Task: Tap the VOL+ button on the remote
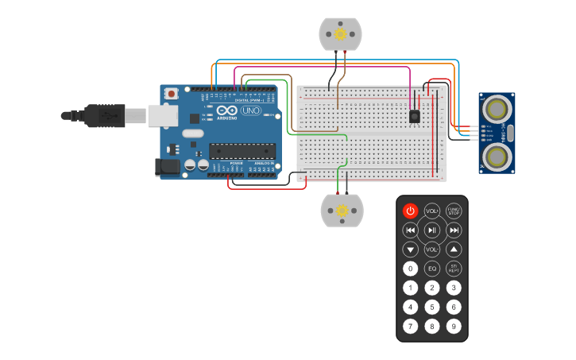(x=431, y=211)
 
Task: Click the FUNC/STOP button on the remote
(x=454, y=211)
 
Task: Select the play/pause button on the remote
(x=431, y=230)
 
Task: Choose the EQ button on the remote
(x=431, y=269)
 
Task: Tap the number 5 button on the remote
(x=431, y=307)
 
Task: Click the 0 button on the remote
(x=410, y=269)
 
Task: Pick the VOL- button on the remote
(x=431, y=250)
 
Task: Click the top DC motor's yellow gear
(x=341, y=33)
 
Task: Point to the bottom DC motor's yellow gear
(x=342, y=211)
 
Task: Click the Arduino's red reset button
(x=172, y=94)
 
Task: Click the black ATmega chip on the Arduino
(x=242, y=150)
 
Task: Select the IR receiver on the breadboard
(x=414, y=116)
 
